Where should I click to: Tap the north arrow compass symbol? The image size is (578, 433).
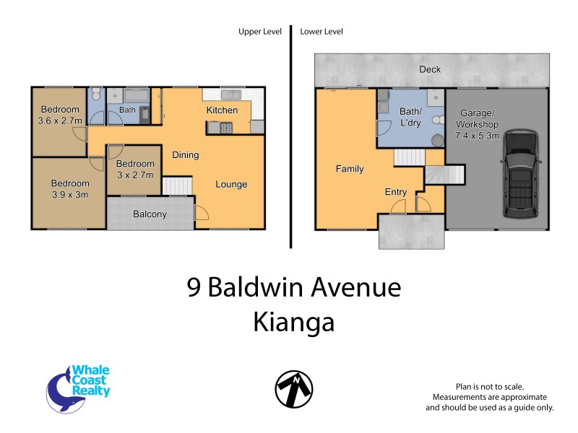(293, 390)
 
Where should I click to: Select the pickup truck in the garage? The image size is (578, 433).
(519, 174)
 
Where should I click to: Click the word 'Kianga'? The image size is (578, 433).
(293, 323)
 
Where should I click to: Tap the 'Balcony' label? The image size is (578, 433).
(150, 214)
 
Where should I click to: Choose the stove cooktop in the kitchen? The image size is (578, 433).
(221, 128)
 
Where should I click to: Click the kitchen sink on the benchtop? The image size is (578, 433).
(231, 95)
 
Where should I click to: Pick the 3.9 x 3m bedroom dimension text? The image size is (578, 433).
(70, 193)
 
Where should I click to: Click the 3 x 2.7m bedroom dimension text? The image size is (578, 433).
(135, 174)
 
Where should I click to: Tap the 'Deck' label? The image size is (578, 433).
(431, 70)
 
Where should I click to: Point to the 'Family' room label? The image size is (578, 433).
(349, 169)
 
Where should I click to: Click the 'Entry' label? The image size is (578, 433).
(396, 192)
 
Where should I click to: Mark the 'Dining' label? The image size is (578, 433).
(185, 155)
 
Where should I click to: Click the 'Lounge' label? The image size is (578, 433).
(231, 185)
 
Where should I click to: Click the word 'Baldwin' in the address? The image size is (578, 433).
(259, 288)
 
